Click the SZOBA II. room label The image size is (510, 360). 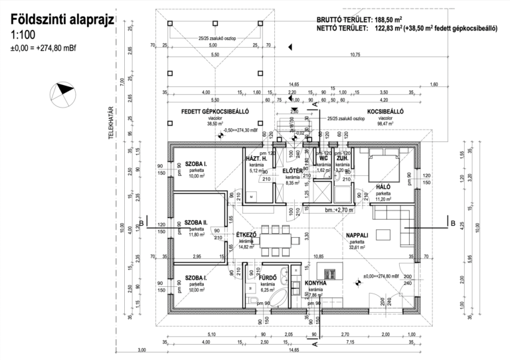(x=197, y=223)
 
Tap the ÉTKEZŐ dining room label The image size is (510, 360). (x=246, y=234)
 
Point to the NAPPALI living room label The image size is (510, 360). (x=357, y=235)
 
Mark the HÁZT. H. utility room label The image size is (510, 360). (x=256, y=158)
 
